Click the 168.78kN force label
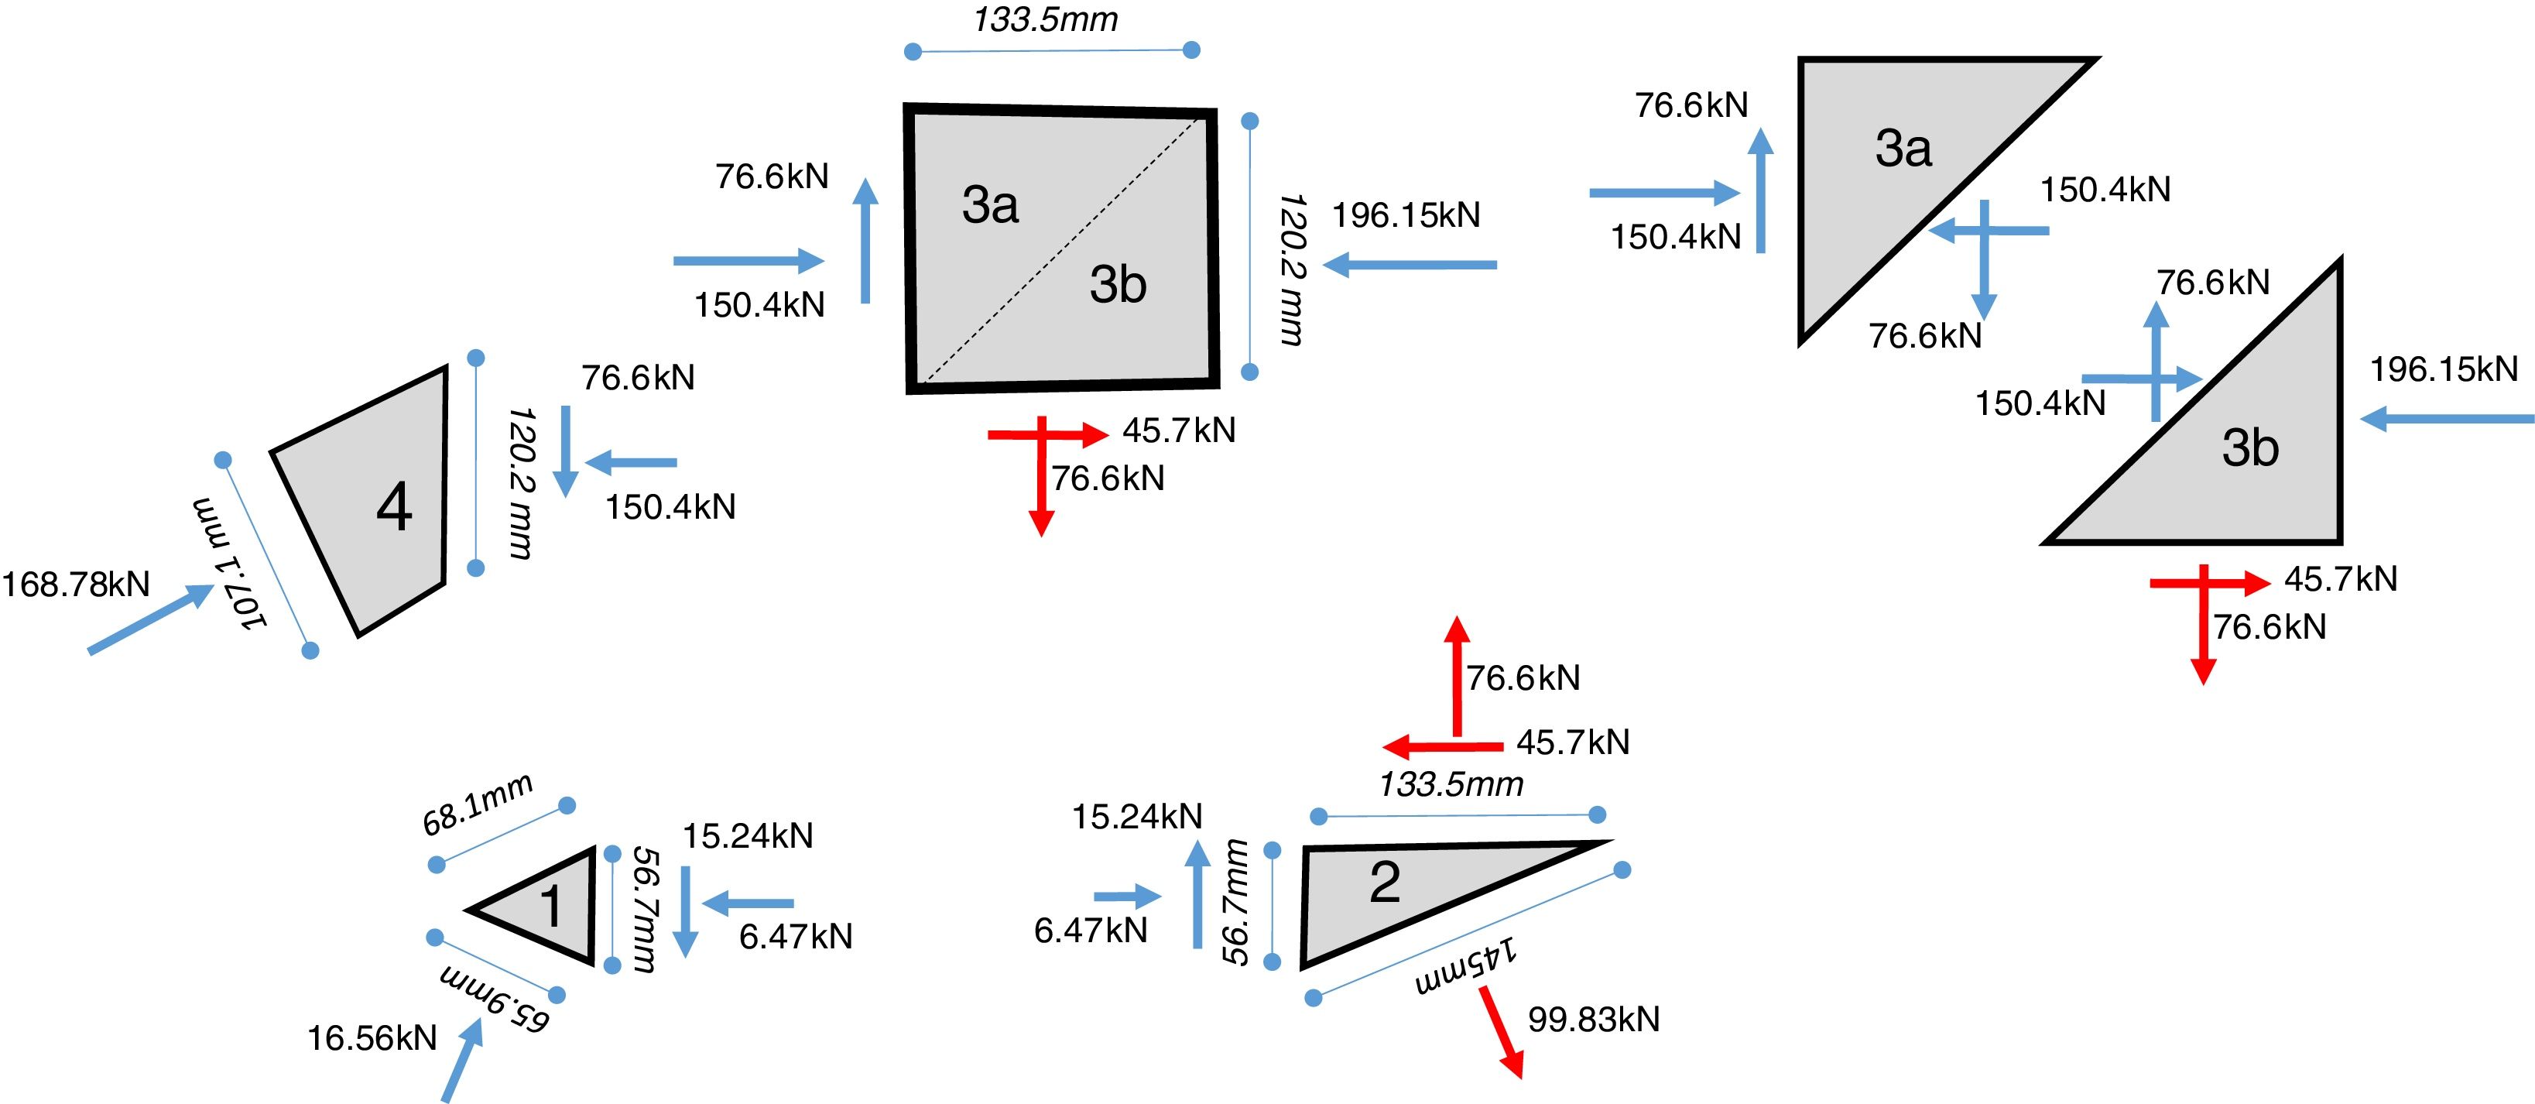(x=76, y=585)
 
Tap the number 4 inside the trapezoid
(x=394, y=508)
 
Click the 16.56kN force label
(x=372, y=1038)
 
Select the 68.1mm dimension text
(x=478, y=805)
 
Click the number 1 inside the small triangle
(x=550, y=905)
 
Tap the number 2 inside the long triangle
(x=1385, y=883)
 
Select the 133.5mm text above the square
(x=1045, y=19)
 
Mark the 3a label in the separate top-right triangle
(x=1903, y=149)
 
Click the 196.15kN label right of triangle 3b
(x=2444, y=369)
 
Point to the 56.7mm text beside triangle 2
(x=1236, y=902)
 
